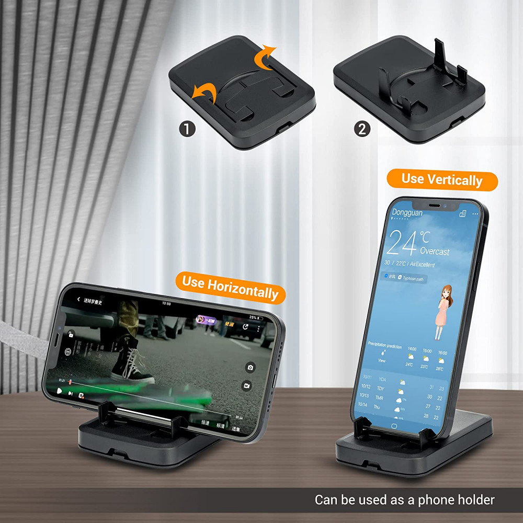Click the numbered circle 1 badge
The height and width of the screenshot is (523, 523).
(187, 129)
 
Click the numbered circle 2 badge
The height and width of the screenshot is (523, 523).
(362, 129)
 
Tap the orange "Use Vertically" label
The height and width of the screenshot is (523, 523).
(442, 180)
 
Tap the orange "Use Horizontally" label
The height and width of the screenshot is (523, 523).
(230, 287)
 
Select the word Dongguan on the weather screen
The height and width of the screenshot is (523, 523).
(407, 212)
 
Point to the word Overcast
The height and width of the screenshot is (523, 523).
(435, 251)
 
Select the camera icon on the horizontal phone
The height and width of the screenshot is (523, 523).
(251, 367)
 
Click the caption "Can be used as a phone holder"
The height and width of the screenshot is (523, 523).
(404, 500)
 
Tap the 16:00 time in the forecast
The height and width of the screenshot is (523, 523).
(443, 353)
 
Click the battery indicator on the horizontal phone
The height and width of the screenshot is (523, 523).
(260, 318)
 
